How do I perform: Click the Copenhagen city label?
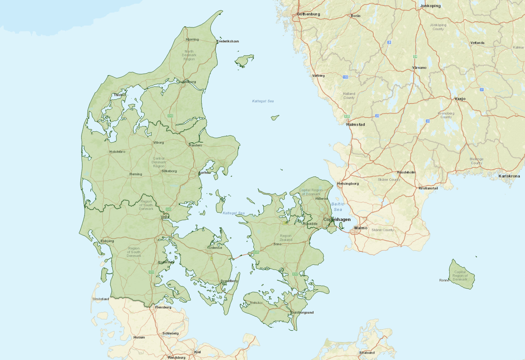click(x=337, y=219)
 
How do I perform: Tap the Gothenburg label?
click(x=308, y=14)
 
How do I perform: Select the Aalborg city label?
click(x=189, y=82)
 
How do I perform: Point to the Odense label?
click(x=215, y=248)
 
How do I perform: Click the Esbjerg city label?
click(x=108, y=241)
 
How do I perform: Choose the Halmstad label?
click(x=356, y=125)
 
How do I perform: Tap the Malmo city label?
click(x=361, y=228)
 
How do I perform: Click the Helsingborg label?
click(x=348, y=184)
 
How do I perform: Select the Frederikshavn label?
click(x=228, y=41)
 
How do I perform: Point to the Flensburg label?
click(x=163, y=307)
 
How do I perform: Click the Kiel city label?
click(x=198, y=352)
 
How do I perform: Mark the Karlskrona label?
click(x=509, y=176)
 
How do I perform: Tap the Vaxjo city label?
click(x=460, y=99)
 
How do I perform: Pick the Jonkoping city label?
click(x=430, y=6)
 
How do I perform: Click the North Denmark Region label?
click(x=189, y=55)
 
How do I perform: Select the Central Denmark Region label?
click(x=159, y=162)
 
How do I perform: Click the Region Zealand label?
click(x=286, y=238)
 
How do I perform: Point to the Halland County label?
click(x=349, y=96)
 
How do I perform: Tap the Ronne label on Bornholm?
click(x=444, y=280)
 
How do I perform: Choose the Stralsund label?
click(x=367, y=353)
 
